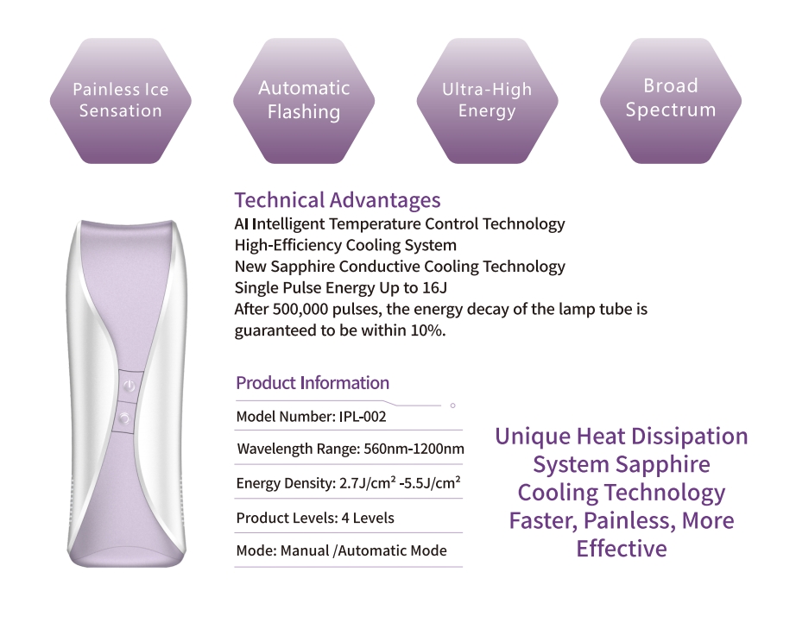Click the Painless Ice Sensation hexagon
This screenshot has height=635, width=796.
120,100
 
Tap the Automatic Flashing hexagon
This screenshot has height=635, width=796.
304,100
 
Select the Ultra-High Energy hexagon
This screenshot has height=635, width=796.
487,100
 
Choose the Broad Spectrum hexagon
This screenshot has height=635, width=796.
671,100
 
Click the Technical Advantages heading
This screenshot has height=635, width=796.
337,200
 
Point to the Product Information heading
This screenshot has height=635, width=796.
313,383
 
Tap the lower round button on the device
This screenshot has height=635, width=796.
124,418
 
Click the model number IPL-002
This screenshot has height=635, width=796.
363,417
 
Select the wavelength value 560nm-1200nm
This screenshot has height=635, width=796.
414,449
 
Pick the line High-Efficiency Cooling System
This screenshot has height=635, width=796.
345,246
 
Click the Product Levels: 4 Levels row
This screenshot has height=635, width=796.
315,518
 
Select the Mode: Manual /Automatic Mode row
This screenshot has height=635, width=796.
342,550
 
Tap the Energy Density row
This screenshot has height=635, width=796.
348,482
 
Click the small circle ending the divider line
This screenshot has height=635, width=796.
453,406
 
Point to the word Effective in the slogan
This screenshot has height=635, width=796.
622,549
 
